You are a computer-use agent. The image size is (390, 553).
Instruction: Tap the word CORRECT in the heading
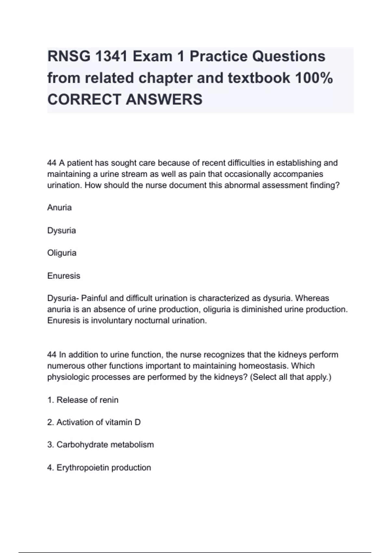(84, 99)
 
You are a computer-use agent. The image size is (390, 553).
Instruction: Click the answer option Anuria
(59, 208)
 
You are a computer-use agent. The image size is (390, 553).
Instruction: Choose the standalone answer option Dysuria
(61, 230)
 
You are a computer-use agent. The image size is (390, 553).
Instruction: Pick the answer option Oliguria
(62, 253)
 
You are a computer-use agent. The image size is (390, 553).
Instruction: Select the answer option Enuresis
(64, 276)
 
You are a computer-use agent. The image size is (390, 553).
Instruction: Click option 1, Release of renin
(83, 400)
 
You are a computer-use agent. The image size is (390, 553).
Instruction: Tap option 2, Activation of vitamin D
(94, 422)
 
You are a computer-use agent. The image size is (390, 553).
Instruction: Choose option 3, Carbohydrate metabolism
(100, 445)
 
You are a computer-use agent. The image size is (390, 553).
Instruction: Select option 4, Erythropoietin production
(99, 467)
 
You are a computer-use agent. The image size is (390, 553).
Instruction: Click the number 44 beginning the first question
(52, 163)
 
